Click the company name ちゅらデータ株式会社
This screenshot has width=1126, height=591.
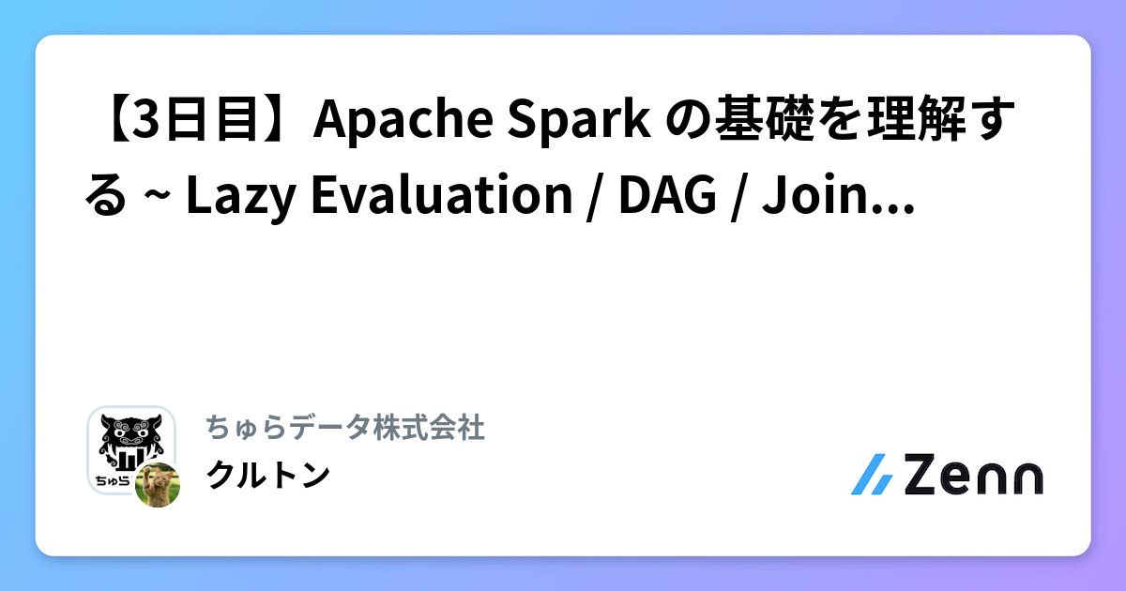point(344,429)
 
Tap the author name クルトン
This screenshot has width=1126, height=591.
point(267,475)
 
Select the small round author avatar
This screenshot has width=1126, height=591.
point(157,485)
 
